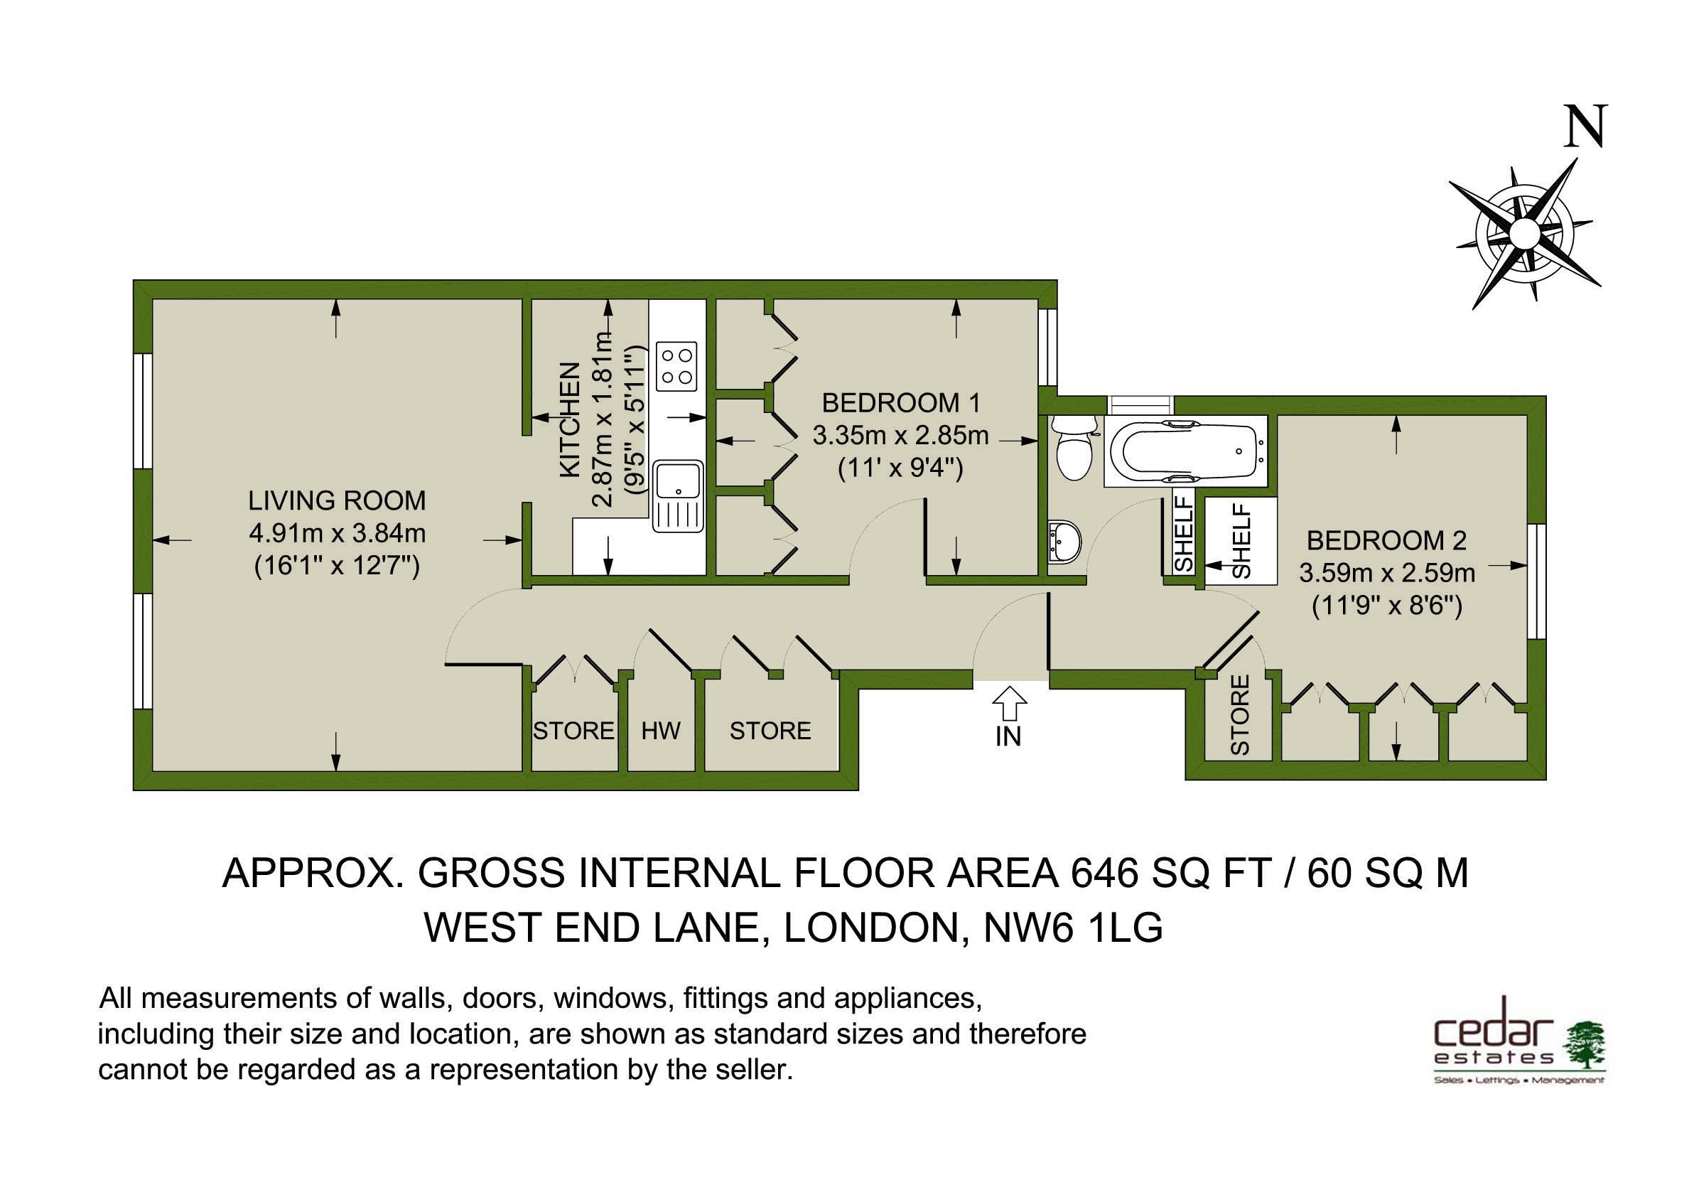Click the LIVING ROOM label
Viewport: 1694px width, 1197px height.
click(x=338, y=500)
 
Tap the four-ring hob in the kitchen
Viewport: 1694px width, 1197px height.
click(x=676, y=366)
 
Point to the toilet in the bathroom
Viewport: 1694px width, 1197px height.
click(x=1074, y=446)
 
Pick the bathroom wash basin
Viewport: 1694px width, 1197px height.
click(x=1064, y=542)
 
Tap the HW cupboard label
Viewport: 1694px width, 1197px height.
click(x=660, y=731)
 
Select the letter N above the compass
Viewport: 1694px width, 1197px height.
click(x=1583, y=127)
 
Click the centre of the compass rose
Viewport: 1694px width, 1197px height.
click(x=1524, y=234)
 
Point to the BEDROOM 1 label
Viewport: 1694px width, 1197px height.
click(x=901, y=403)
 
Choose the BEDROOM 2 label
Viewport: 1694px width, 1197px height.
click(x=1386, y=540)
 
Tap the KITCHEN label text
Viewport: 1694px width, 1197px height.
click(x=570, y=419)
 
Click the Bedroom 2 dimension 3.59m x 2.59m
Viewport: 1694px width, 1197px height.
click(x=1387, y=573)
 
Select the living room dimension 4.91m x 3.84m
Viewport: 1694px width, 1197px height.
click(x=338, y=533)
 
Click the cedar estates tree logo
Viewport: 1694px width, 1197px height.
click(x=1583, y=1045)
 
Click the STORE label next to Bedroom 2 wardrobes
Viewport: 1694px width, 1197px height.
click(x=1239, y=715)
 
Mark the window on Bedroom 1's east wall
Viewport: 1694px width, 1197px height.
click(x=1047, y=347)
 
